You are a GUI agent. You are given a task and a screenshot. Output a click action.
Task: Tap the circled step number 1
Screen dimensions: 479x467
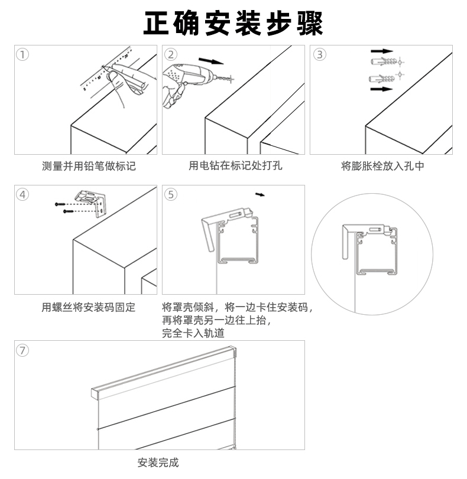point(22,55)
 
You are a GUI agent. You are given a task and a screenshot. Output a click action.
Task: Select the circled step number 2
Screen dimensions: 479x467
point(171,55)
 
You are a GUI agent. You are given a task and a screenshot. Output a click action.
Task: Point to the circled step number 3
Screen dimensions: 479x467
point(319,55)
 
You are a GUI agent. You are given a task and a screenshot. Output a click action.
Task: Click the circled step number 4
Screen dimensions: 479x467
point(22,194)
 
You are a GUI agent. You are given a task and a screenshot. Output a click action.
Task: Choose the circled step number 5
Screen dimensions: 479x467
point(171,194)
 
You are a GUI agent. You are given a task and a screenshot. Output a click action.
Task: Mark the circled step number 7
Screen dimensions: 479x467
point(22,350)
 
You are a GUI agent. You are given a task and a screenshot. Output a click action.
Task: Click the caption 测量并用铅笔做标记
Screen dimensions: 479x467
point(89,166)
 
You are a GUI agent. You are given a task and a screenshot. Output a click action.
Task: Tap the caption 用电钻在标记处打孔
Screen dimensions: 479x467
point(235,166)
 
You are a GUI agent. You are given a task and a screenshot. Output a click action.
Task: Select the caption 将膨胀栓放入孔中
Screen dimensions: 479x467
point(383,166)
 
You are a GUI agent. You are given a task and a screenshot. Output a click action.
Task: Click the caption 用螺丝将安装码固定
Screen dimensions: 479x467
point(89,307)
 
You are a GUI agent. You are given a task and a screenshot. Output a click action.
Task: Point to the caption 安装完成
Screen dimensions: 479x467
point(157,462)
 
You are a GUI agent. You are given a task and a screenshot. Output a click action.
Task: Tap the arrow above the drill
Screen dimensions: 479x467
point(212,61)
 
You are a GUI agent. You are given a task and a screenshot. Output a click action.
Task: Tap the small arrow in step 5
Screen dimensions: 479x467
point(260,194)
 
